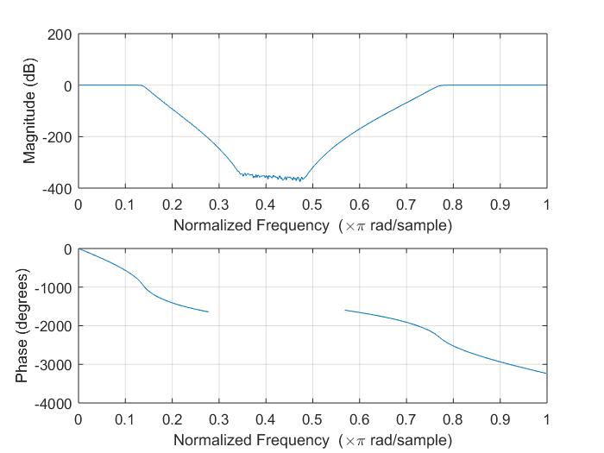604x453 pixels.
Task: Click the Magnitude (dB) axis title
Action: click(x=31, y=111)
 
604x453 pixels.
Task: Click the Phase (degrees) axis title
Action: click(x=22, y=326)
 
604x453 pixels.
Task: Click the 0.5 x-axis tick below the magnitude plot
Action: click(x=312, y=204)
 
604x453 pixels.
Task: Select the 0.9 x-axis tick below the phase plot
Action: click(x=500, y=419)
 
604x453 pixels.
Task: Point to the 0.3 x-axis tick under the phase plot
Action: click(x=219, y=419)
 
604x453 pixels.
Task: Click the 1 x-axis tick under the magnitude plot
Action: click(x=546, y=204)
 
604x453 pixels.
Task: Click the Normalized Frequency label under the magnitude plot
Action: click(x=312, y=225)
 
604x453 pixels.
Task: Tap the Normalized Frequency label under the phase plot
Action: click(x=312, y=440)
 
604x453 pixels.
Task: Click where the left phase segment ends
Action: click(x=208, y=311)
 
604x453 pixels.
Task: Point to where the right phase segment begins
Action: click(x=345, y=310)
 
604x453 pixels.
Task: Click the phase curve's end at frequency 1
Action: click(x=546, y=374)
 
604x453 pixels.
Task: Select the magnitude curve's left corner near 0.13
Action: click(x=141, y=85)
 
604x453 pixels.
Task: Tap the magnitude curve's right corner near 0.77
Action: click(x=441, y=85)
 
